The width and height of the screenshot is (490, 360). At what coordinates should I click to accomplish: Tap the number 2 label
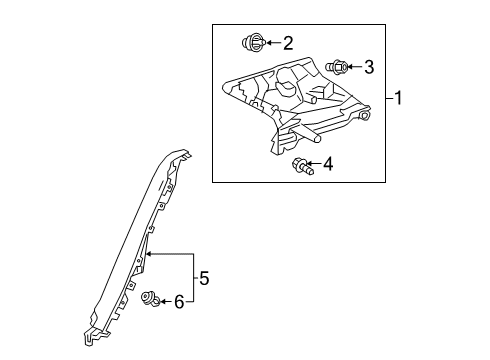288,42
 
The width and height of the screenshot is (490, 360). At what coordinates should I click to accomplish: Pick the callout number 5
205,277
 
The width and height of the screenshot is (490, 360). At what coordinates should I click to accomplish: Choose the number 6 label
180,299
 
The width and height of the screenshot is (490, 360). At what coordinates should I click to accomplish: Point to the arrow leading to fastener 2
272,42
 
